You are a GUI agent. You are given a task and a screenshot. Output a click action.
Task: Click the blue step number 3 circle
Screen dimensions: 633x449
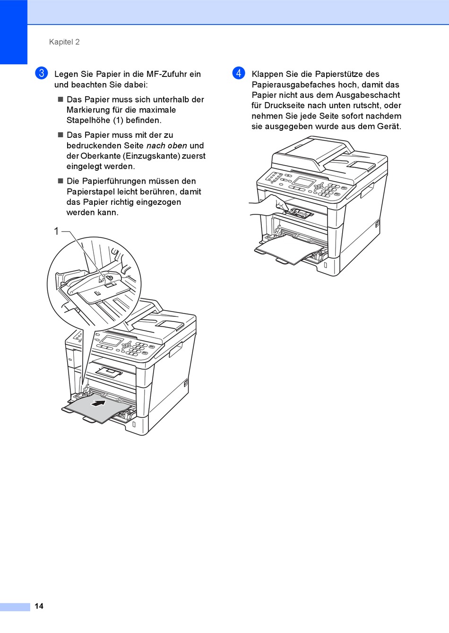point(42,73)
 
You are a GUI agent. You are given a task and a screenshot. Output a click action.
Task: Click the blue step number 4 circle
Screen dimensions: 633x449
point(239,73)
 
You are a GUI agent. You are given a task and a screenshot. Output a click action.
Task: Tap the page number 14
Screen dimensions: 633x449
point(39,606)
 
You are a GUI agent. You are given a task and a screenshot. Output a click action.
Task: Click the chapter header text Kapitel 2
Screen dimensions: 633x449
point(64,42)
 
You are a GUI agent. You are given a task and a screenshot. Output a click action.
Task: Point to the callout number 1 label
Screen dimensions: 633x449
point(56,231)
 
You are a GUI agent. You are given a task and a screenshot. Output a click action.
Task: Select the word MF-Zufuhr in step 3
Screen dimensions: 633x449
point(168,74)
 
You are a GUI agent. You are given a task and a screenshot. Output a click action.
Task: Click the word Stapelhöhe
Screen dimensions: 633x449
point(88,120)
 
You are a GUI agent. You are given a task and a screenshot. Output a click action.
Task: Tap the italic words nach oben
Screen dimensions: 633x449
point(167,146)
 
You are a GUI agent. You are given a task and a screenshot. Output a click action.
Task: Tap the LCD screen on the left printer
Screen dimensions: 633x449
point(112,341)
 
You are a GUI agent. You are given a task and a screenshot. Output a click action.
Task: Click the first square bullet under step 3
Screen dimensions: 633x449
point(60,100)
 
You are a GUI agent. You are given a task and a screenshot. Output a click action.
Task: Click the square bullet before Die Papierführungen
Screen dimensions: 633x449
point(60,181)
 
